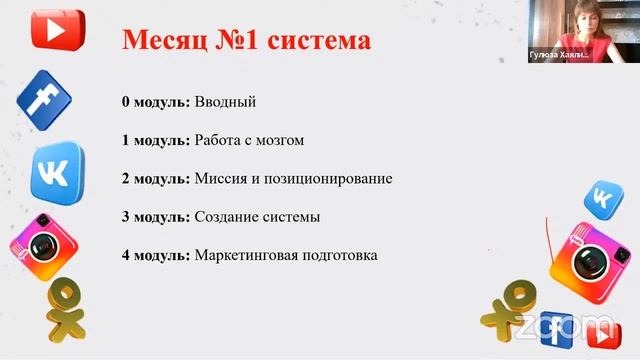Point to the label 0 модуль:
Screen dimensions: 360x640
[x=155, y=102]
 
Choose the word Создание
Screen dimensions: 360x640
[x=227, y=217]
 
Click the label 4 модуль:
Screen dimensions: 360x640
[x=155, y=255]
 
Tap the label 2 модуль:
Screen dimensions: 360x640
[x=155, y=179]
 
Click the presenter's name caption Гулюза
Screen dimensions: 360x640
[x=549, y=57]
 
